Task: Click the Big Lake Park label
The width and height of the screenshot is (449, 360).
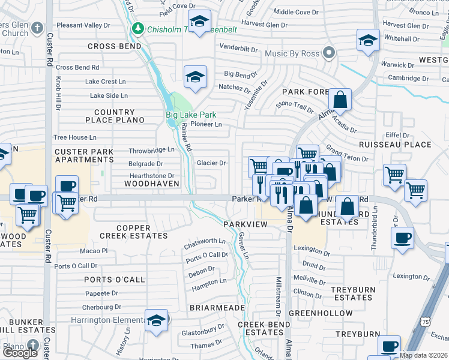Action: (x=191, y=115)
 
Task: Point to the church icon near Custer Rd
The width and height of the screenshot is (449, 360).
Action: (x=37, y=28)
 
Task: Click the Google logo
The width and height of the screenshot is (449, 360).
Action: (x=20, y=353)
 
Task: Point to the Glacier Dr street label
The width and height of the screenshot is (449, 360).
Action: (x=211, y=163)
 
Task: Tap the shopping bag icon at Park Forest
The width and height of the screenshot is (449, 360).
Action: (x=340, y=100)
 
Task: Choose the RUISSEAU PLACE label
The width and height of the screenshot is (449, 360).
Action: (x=394, y=145)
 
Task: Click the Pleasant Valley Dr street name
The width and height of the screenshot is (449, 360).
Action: (x=83, y=26)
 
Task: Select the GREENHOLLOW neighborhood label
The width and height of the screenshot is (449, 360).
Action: (x=321, y=313)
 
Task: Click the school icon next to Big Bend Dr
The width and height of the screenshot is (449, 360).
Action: (x=195, y=77)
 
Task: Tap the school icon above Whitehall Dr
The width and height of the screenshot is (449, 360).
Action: (x=368, y=40)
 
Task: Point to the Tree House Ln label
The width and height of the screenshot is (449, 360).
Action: (x=75, y=137)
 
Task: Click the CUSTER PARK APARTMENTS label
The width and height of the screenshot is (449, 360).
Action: (x=84, y=156)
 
